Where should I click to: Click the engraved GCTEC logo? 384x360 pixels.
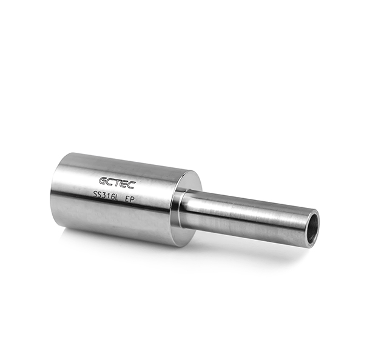tap(117, 183)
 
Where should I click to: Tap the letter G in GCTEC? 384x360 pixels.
tap(103, 181)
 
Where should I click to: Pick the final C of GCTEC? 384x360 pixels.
tap(131, 185)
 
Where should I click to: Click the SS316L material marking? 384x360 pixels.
tap(106, 196)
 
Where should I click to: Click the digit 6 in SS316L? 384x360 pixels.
tap(112, 197)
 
